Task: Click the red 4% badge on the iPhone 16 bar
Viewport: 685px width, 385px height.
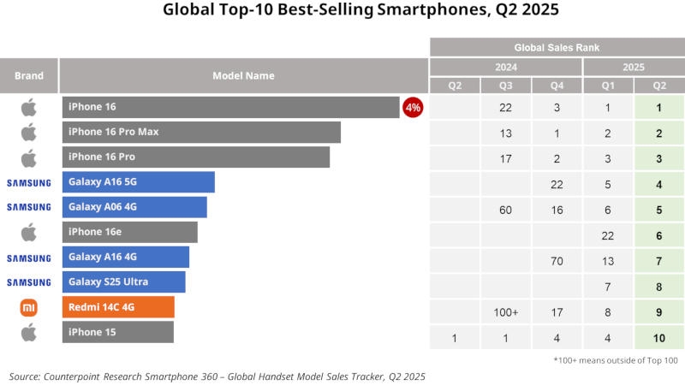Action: [413, 107]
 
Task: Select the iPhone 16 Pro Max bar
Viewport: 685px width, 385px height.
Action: [201, 132]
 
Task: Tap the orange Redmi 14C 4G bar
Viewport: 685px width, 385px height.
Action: [118, 307]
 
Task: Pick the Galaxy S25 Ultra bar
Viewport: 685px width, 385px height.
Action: [123, 282]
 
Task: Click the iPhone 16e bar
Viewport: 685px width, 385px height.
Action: [129, 232]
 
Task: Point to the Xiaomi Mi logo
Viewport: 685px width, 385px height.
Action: [29, 308]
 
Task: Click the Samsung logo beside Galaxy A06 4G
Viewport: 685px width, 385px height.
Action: [29, 207]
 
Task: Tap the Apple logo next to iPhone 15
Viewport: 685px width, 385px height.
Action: [29, 332]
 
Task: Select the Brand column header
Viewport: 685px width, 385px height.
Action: [29, 75]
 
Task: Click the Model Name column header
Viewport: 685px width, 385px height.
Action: [243, 75]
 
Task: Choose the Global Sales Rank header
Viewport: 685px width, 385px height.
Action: [557, 47]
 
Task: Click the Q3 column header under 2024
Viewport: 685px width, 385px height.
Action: [505, 85]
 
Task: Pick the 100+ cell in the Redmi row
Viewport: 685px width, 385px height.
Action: [505, 312]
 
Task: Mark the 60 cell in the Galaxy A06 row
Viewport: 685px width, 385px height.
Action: [505, 210]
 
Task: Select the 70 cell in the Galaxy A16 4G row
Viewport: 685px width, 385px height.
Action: [557, 261]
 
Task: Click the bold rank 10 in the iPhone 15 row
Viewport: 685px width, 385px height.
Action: [659, 338]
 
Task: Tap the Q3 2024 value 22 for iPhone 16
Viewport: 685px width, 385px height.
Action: [505, 108]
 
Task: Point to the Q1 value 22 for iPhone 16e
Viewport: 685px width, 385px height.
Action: [608, 236]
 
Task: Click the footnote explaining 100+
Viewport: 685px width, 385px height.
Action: [616, 359]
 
